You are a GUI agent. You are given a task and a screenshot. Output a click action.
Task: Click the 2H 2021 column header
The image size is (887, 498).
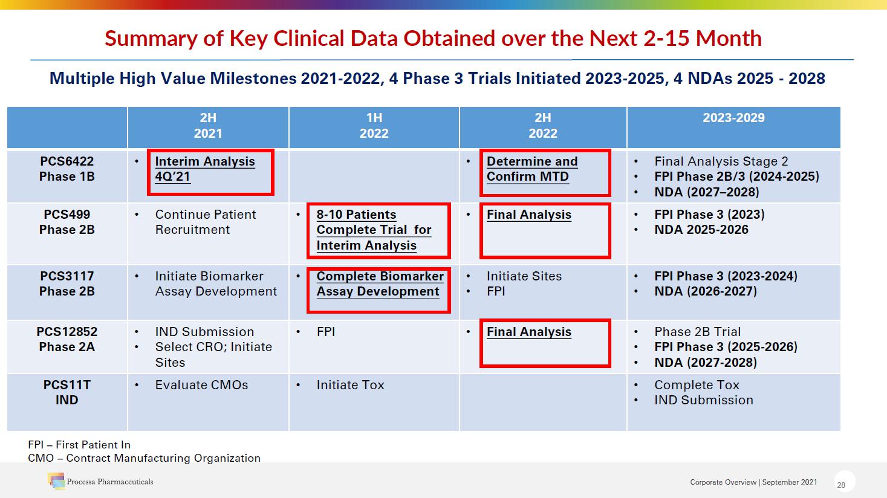click(x=208, y=126)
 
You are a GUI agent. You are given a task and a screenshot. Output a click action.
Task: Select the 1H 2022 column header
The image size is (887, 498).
click(x=374, y=126)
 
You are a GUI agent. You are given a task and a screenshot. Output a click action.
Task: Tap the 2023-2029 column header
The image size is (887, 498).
click(x=733, y=118)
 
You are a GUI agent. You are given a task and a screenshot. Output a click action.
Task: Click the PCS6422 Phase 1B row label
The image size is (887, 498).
click(x=67, y=169)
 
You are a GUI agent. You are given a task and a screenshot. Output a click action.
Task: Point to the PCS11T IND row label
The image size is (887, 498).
click(x=67, y=393)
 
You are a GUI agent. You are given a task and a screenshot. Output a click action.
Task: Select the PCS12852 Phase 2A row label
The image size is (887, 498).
click(x=67, y=339)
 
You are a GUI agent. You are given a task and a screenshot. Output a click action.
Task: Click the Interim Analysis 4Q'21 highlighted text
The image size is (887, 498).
click(x=204, y=169)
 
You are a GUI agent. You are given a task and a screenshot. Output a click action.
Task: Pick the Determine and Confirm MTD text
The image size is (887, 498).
click(x=531, y=169)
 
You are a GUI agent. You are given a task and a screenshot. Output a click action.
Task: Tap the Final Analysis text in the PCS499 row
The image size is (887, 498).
click(x=528, y=215)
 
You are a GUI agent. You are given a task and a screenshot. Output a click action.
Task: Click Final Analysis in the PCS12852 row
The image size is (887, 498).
click(x=528, y=332)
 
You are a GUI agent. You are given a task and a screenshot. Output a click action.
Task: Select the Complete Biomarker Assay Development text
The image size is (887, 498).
click(x=379, y=284)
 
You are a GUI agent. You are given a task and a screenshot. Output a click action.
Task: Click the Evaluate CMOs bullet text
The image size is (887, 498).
click(x=201, y=386)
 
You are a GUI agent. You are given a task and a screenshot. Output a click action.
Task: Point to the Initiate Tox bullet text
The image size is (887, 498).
click(x=350, y=386)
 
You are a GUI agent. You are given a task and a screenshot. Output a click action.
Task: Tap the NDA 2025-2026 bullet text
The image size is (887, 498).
click(x=701, y=230)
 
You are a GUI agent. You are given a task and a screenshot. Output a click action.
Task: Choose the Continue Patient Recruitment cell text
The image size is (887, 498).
click(x=205, y=222)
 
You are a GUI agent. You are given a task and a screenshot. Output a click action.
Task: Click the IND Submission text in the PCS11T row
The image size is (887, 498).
click(x=703, y=401)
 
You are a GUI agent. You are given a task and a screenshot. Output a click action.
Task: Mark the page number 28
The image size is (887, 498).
click(x=841, y=485)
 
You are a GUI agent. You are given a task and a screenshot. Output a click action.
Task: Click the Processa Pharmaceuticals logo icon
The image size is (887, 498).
click(x=56, y=481)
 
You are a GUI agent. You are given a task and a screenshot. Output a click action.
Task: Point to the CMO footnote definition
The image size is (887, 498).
click(x=144, y=458)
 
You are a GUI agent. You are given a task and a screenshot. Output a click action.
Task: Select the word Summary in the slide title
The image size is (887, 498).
click(x=151, y=39)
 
